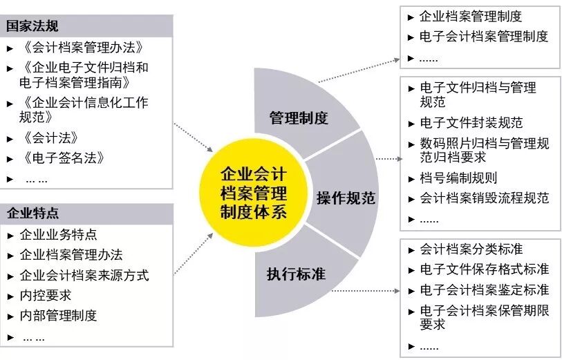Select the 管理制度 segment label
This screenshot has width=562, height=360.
[298, 117]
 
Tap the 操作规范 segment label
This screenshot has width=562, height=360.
[346, 198]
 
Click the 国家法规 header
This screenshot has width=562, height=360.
[32, 26]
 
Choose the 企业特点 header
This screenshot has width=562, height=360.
[32, 213]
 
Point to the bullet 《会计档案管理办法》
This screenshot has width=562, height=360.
[82, 47]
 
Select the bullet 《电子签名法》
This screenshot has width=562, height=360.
[63, 158]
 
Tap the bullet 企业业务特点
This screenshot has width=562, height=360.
[59, 234]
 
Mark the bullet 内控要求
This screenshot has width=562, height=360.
[46, 296]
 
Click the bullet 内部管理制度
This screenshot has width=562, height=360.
[59, 316]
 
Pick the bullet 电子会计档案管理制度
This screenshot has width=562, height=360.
[483, 37]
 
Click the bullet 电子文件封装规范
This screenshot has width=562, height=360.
[471, 123]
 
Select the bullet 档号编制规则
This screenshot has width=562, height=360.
[458, 178]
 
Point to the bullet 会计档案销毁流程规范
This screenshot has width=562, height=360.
[484, 198]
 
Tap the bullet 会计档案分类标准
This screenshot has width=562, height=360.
[471, 249]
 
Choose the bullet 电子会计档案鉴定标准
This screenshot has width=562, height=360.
[484, 290]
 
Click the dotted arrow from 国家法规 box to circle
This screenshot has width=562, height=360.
[193, 137]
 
